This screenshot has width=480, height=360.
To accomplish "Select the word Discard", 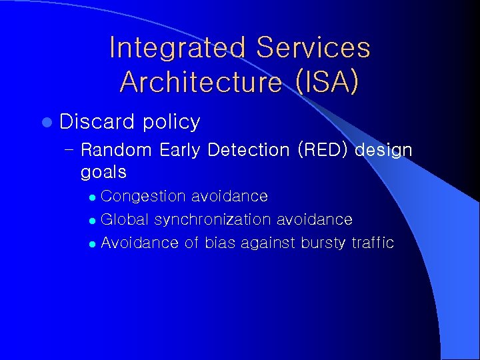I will click(x=97, y=121).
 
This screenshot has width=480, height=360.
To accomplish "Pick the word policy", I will click(x=171, y=122).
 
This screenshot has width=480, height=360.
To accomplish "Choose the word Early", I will click(x=181, y=150).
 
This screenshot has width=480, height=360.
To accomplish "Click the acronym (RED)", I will click(x=323, y=150).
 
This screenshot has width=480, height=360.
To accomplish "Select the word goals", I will click(x=103, y=173).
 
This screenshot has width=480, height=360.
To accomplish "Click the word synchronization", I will click(x=213, y=220).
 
